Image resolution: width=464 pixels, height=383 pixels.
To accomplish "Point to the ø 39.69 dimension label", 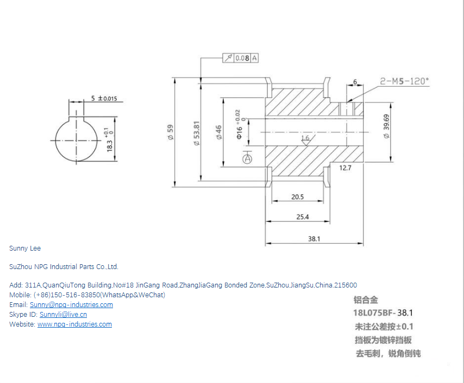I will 386,126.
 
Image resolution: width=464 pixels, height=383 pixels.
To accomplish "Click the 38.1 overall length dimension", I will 314,238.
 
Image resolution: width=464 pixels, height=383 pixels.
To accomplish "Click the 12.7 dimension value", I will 346,168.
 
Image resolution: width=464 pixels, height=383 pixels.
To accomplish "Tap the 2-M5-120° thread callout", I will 404,81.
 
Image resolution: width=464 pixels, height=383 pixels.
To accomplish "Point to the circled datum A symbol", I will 248,159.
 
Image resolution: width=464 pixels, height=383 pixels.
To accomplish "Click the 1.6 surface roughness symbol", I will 305,139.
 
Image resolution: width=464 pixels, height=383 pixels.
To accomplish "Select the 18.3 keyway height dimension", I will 110,145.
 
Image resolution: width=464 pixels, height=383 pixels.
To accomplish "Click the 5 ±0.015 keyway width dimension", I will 103,99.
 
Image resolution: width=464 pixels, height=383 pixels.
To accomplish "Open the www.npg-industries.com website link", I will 74,324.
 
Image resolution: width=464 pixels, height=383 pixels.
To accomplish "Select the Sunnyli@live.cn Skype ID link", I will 63,315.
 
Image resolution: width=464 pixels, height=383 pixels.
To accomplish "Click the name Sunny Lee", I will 25,248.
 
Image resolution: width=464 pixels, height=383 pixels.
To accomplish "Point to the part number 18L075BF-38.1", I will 383,313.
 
